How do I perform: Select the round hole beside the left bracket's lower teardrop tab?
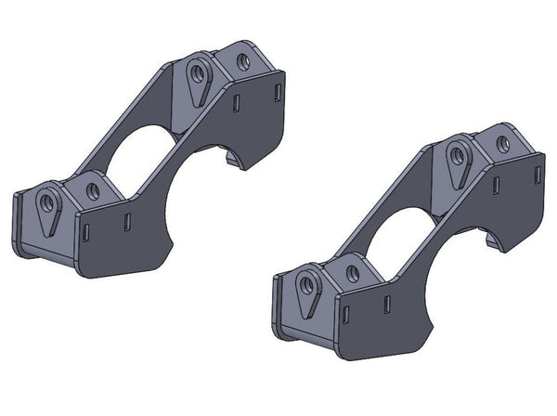click(x=92, y=190)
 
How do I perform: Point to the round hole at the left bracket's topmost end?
click(x=243, y=62)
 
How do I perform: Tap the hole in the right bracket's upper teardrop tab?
click(x=457, y=155)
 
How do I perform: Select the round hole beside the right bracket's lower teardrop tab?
click(x=352, y=274)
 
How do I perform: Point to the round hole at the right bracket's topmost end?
click(x=502, y=145)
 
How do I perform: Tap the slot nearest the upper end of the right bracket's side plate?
click(x=536, y=171)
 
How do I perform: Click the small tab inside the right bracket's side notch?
click(x=488, y=243)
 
